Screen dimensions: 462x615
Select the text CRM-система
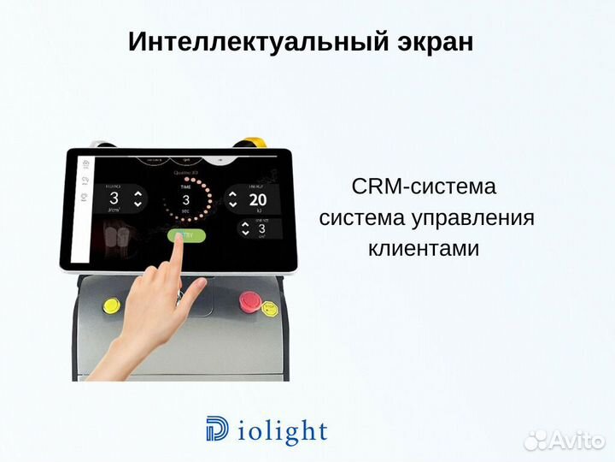point(424,187)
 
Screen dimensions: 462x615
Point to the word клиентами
point(424,248)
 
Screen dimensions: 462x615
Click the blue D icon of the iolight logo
point(217,429)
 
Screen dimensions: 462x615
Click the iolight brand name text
point(279,430)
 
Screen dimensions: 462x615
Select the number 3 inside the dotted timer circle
point(185,199)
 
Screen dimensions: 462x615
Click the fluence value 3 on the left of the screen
point(114,199)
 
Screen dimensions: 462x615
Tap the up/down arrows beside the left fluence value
point(139,199)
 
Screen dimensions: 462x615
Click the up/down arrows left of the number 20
point(232,200)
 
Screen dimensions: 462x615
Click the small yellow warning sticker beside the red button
point(269,308)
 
